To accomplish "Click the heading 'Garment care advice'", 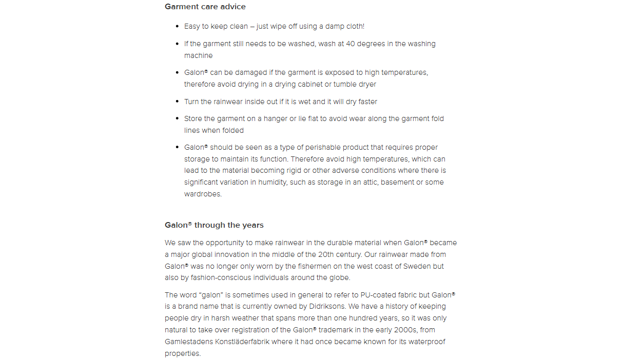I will [205, 7].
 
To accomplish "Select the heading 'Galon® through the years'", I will [214, 225].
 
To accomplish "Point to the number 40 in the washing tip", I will [351, 44].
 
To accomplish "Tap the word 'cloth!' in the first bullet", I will [353, 26].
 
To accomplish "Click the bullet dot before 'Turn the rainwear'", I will [177, 102].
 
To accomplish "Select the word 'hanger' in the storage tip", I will [276, 118].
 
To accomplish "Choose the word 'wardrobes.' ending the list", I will [203, 194].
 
